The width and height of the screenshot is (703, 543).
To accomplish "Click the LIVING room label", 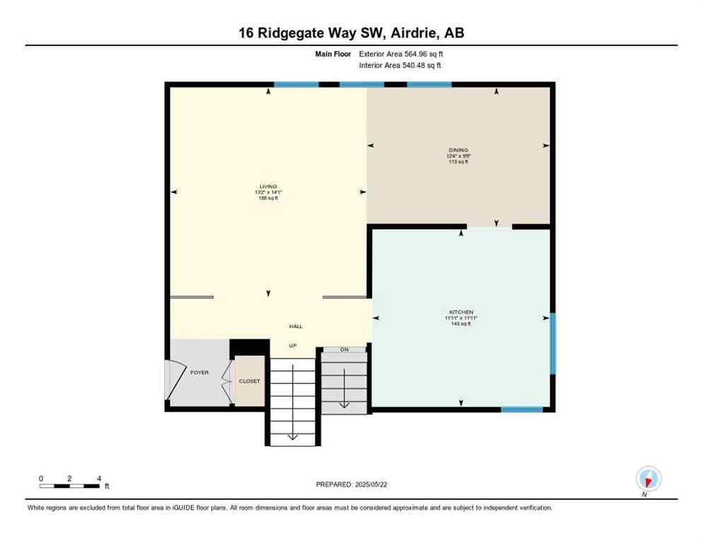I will tap(268, 186).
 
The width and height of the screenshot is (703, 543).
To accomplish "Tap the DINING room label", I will tap(458, 150).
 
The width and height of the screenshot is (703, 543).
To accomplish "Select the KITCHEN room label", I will tap(460, 312).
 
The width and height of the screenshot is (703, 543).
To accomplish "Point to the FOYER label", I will tap(199, 373).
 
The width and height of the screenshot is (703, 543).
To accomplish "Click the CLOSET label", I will tap(249, 381).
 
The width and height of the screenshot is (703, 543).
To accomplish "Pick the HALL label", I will tap(296, 326).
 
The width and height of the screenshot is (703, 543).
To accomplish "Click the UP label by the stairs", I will tap(293, 346).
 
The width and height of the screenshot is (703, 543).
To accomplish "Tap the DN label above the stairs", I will tap(344, 349).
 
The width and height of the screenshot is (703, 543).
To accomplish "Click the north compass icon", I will tap(648, 479).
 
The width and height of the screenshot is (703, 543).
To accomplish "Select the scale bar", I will tap(69, 486).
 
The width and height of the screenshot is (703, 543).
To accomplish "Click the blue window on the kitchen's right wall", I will tap(552, 344).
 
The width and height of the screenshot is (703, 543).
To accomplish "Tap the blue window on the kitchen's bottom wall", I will tap(522, 409).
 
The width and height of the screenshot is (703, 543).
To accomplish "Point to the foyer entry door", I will tap(170, 380).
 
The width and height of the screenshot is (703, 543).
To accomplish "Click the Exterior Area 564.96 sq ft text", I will tap(401, 54).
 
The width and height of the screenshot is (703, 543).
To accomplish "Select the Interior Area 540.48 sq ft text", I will tap(400, 66).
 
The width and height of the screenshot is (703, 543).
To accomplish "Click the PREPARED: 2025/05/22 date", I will tap(351, 484).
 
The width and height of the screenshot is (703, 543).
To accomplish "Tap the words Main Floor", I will tap(335, 54).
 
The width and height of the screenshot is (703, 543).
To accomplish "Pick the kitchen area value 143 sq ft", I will tap(460, 324).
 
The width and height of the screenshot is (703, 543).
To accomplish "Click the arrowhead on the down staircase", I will tap(344, 404).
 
